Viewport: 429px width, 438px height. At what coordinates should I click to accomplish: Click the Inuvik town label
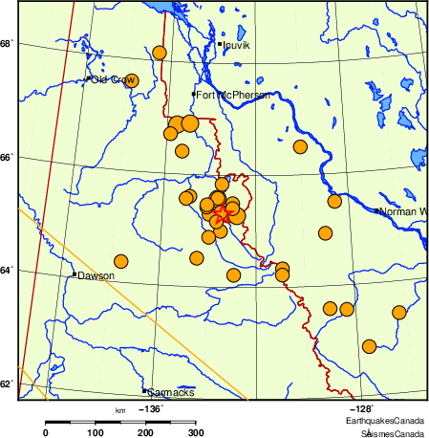[236, 45]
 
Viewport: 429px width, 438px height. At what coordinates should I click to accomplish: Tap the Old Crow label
[112, 80]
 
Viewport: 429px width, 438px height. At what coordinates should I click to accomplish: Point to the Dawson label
[97, 276]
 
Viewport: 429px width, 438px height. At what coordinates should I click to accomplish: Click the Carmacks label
[172, 393]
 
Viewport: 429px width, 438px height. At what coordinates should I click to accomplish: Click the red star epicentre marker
[223, 213]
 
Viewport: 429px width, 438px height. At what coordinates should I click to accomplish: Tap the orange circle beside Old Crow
[132, 81]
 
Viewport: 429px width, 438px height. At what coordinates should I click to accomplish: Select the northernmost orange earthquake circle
[160, 53]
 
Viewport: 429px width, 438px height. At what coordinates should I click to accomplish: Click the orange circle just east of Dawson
[121, 261]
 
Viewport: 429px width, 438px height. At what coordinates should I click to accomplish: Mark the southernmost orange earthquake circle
[370, 345]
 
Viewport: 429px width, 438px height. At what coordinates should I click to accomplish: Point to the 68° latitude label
[6, 45]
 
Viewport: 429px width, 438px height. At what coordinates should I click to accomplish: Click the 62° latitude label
[6, 384]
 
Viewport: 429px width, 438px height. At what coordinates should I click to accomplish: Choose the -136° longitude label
[152, 409]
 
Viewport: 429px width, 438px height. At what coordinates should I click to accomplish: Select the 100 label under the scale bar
[96, 433]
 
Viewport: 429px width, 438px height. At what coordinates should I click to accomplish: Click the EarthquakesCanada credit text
[385, 421]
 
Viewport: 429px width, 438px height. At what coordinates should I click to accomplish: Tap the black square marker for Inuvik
[219, 44]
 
